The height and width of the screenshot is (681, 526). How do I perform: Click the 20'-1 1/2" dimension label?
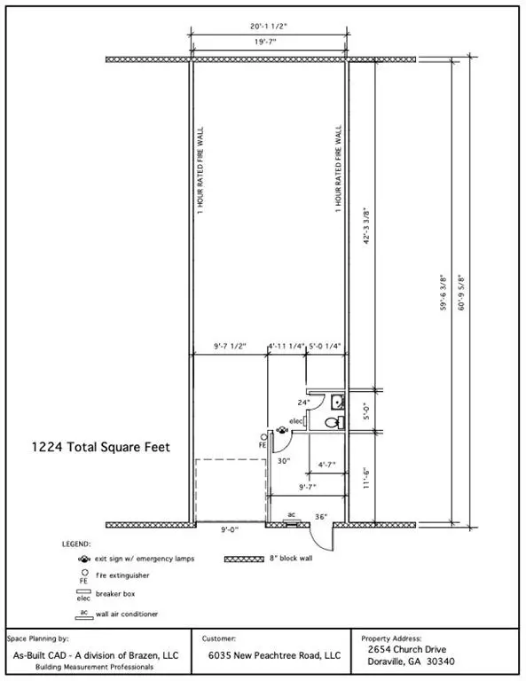click(269, 27)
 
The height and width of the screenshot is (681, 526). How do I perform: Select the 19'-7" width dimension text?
click(265, 42)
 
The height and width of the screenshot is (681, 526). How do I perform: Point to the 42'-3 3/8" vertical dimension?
click(366, 226)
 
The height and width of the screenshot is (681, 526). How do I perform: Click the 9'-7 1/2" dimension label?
click(230, 346)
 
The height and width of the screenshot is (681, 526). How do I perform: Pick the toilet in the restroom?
click(334, 422)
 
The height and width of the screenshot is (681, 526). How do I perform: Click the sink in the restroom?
click(337, 403)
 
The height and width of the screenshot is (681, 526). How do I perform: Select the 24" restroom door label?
click(303, 403)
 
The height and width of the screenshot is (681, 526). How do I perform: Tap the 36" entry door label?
click(321, 517)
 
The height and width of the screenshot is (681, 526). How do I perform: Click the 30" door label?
click(284, 461)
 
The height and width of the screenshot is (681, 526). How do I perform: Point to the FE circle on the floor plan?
click(263, 436)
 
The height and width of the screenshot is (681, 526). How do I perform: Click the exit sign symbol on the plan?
click(282, 430)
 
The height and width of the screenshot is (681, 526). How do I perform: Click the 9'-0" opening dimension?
click(230, 529)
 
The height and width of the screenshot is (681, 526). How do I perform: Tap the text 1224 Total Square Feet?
click(101, 447)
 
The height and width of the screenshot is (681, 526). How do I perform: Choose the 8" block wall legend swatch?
click(244, 559)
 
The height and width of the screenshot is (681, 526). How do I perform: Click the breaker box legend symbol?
click(83, 591)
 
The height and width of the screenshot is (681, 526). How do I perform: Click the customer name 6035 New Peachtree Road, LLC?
click(274, 655)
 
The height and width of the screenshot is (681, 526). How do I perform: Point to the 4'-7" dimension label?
click(326, 465)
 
